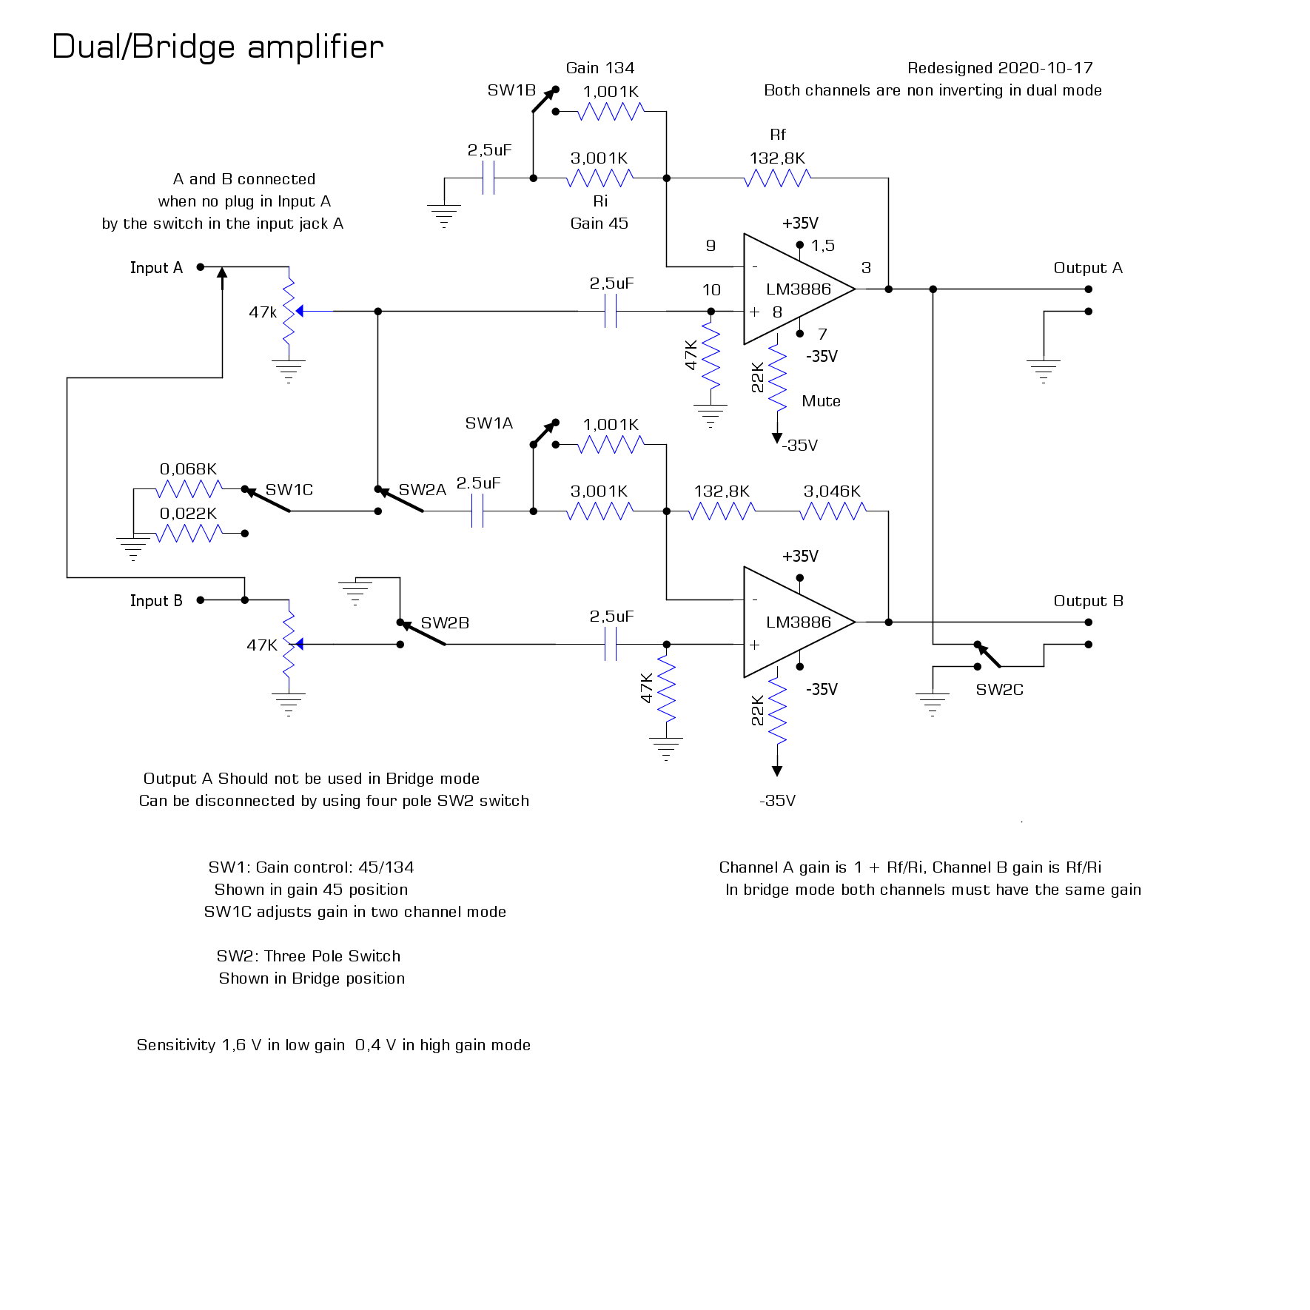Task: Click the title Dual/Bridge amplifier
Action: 218,47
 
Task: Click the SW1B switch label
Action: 511,90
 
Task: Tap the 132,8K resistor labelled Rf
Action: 777,178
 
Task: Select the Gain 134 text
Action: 599,68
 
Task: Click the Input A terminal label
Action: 156,268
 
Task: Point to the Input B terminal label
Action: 156,601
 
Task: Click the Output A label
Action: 1087,268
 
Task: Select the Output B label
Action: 1088,601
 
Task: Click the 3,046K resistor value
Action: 832,491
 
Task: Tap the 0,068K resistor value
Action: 188,469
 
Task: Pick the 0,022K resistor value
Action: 188,514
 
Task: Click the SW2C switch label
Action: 999,690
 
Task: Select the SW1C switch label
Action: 289,490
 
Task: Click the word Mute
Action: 821,401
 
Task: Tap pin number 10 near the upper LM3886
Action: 711,290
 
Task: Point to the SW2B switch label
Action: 445,623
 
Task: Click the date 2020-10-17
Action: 1045,68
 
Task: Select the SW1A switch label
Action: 488,423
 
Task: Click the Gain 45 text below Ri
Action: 599,224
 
